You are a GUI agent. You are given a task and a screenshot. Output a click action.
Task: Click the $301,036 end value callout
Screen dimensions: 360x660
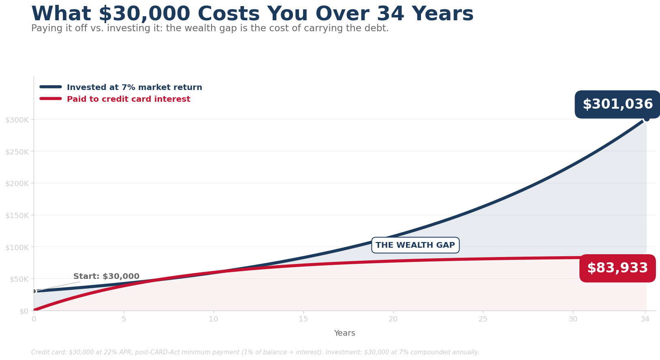617,105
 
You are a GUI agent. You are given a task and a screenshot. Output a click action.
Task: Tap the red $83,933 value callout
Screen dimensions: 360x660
617,268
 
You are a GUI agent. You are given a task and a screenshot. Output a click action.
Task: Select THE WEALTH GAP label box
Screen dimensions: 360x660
415,245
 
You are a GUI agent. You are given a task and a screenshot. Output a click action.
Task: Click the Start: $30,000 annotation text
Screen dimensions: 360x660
106,276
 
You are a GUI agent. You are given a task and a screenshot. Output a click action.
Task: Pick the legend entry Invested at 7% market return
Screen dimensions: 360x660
134,88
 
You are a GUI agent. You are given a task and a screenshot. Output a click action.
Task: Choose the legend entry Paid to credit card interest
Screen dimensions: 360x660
128,99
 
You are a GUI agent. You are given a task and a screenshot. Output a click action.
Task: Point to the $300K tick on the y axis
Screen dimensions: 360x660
17,120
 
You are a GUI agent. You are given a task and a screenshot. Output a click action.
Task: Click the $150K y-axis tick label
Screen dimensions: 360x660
17,215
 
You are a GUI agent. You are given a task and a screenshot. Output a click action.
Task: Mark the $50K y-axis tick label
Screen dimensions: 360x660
18,279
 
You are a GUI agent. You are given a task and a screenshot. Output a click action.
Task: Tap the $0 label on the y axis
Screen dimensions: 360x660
23,311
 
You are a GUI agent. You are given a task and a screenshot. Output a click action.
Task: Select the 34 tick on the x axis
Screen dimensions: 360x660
645,319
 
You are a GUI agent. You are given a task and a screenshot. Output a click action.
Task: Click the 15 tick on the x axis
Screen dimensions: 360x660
303,319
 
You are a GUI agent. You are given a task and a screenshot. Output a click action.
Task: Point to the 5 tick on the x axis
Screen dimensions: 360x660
124,319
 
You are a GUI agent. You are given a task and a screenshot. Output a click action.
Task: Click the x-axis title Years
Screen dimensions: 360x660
344,333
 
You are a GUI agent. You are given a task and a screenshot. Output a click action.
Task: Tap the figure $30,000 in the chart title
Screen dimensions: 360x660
144,14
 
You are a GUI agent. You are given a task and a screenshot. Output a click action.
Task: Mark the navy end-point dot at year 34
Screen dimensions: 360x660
646,118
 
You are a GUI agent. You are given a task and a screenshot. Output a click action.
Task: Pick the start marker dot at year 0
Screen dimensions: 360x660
34,291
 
